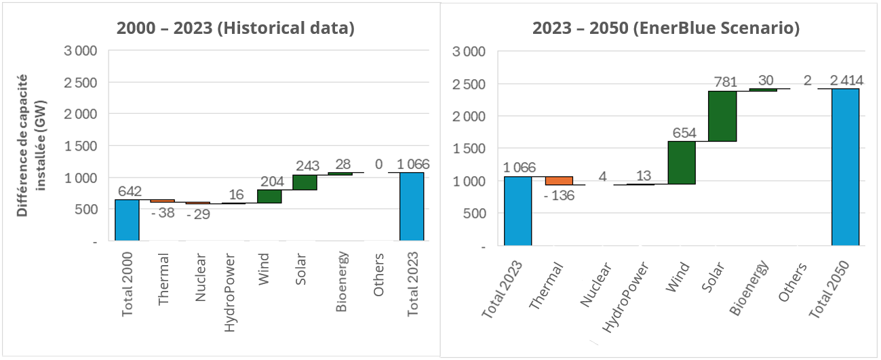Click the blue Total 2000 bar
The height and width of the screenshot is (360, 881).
[x=127, y=220]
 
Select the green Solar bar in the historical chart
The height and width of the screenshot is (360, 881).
[x=305, y=182]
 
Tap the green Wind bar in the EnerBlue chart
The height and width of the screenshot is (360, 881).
[x=682, y=163]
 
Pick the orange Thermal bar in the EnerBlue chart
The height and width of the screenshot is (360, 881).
[x=559, y=180]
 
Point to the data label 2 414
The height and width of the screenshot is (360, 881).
[x=844, y=81]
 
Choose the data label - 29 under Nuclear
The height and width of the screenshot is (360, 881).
[x=199, y=214]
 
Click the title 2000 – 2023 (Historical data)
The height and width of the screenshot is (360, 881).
[x=235, y=28]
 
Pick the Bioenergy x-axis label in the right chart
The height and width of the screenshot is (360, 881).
[x=749, y=287]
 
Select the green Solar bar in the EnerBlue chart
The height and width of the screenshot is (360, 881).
[x=722, y=116]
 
